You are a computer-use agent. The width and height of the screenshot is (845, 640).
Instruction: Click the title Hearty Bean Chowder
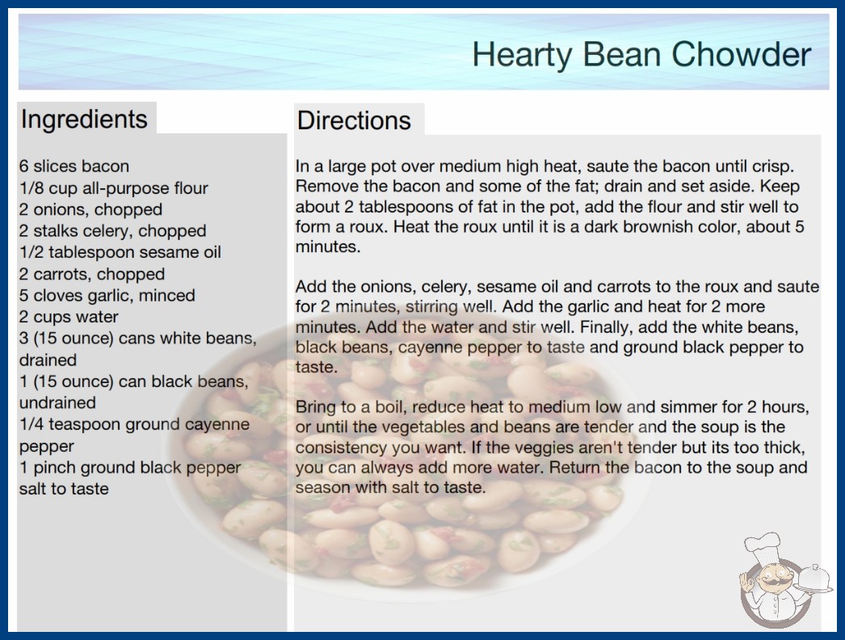[x=641, y=55]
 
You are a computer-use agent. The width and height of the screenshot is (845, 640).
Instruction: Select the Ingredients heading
[x=84, y=120]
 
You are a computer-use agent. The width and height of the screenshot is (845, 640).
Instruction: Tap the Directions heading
[x=354, y=120]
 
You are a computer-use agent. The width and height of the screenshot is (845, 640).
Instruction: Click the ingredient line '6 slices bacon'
[x=74, y=166]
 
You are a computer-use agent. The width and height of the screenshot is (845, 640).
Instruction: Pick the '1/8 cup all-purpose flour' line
[x=114, y=188]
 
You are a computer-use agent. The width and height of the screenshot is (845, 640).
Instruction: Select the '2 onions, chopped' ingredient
[x=90, y=209]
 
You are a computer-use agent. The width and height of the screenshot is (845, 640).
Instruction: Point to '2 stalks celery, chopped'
[x=112, y=231]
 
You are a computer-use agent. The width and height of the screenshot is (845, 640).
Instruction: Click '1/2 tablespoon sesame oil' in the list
[x=120, y=252]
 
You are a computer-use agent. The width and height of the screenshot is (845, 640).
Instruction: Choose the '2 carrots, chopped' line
[x=92, y=274]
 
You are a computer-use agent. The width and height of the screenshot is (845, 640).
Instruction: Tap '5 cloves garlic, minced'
[x=107, y=296]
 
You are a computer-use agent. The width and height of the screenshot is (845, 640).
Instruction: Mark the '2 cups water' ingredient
[x=69, y=317]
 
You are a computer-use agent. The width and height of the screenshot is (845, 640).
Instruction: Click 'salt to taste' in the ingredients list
[x=64, y=489]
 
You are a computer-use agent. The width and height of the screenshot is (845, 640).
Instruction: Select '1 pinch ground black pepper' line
[x=130, y=467]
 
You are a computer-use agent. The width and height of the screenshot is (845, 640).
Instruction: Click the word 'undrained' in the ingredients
[x=57, y=402]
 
